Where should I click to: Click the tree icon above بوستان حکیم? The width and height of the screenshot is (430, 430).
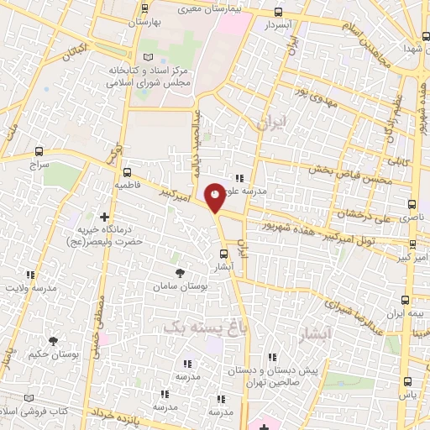pyautogui.click(x=54, y=341)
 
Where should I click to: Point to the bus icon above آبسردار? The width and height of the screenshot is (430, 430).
pyautogui.click(x=279, y=12)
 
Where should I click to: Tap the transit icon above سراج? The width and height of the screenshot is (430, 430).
pyautogui.click(x=39, y=153)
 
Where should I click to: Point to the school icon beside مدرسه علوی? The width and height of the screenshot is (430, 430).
pyautogui.click(x=239, y=177)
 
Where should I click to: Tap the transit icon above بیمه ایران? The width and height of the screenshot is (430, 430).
pyautogui.click(x=406, y=299)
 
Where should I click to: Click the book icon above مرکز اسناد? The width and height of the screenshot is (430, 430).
pyautogui.click(x=149, y=56)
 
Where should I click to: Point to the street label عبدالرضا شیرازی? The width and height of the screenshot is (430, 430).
pyautogui.click(x=354, y=310)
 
